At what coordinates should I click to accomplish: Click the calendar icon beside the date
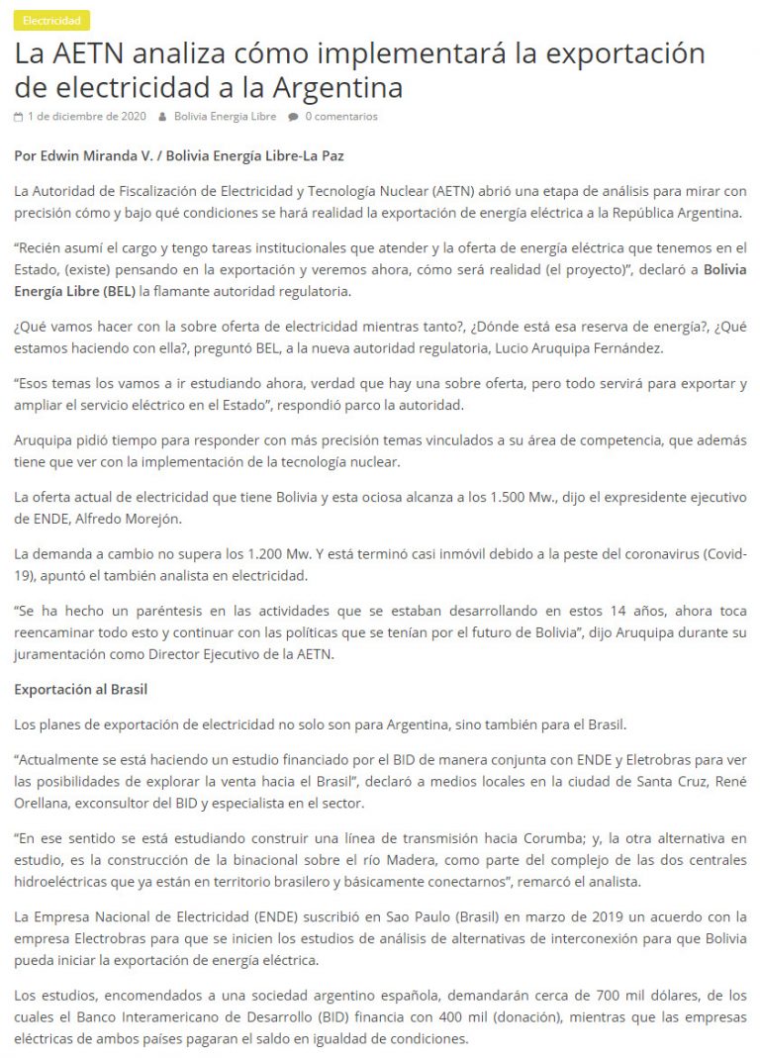coord(19,117)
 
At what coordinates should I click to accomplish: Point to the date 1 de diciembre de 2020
coord(86,117)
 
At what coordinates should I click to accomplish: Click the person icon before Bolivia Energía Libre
coord(162,117)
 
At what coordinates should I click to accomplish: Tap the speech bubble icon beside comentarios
coord(293,117)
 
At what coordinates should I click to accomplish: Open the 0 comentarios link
coord(341,117)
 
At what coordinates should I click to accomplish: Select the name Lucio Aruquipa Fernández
coord(602,347)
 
